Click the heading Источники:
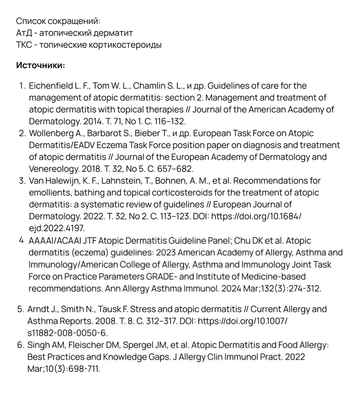(40, 65)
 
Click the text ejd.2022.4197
(57, 228)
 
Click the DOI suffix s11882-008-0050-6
(67, 333)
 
